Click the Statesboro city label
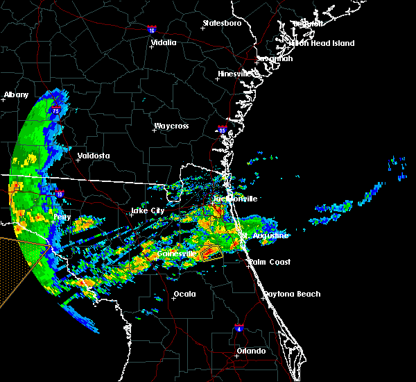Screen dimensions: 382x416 (222, 23)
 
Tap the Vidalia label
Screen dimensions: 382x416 (164, 42)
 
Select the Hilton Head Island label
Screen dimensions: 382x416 (322, 43)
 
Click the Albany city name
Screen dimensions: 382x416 (16, 94)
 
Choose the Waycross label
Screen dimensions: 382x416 (171, 126)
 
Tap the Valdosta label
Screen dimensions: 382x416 (94, 156)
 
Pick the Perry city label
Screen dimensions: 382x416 (62, 217)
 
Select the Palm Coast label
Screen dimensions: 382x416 (270, 262)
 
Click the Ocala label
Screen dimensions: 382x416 (184, 294)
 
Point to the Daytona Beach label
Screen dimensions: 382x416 (292, 294)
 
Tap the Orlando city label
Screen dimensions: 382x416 (251, 351)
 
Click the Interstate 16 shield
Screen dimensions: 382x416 (153, 29)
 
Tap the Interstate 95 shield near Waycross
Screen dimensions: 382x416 (223, 129)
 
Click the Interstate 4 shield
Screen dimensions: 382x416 (239, 326)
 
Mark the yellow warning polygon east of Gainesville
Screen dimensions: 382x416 (211, 253)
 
